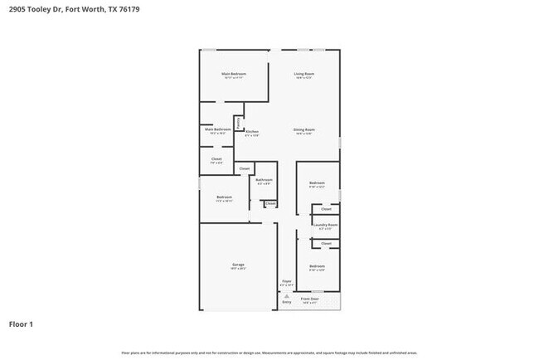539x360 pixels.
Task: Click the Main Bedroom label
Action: click(x=233, y=75)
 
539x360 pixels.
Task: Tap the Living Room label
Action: click(x=303, y=75)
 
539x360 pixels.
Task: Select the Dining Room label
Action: click(x=303, y=129)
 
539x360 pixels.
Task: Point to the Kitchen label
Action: click(x=252, y=132)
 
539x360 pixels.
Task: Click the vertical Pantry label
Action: click(x=239, y=124)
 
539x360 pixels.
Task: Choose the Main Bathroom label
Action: click(x=217, y=129)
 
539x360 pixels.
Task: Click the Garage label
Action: click(x=238, y=265)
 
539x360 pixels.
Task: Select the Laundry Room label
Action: click(x=325, y=225)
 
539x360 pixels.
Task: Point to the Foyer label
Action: click(x=287, y=282)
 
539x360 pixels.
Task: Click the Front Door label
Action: click(x=310, y=299)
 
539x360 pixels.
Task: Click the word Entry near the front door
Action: click(x=287, y=303)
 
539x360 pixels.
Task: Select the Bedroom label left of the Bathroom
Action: click(x=223, y=197)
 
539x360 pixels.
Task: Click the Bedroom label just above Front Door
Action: click(x=317, y=266)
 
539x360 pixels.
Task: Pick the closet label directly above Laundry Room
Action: click(x=326, y=209)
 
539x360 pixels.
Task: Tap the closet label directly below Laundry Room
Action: click(x=326, y=243)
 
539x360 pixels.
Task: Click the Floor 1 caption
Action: click(x=22, y=324)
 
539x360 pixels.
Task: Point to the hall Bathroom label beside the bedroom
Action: click(x=265, y=180)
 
